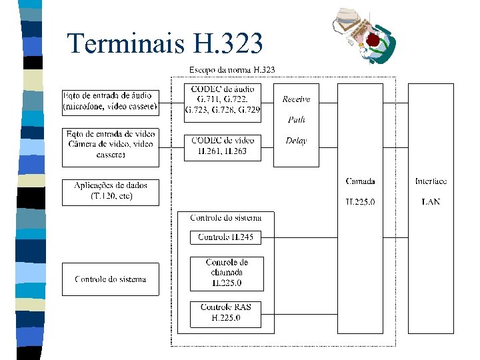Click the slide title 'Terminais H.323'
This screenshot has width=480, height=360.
165,44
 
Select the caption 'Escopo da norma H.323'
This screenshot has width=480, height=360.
232,69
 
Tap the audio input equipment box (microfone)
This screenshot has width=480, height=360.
111,101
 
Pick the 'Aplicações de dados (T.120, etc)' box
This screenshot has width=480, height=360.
111,191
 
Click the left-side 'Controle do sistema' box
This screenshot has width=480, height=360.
111,279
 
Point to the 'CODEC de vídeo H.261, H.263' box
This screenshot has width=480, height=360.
223,146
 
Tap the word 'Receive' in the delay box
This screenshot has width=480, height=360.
296,99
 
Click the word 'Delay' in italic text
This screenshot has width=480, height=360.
296,141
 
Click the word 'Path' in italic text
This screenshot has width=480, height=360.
296,120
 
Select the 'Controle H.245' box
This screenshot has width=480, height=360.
226,237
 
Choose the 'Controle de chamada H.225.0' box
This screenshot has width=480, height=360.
227,273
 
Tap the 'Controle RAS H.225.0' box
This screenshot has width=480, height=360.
226,313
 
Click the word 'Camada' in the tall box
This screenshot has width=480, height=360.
360,181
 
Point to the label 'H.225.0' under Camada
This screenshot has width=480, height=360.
360,201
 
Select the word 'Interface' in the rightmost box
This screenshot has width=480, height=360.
431,181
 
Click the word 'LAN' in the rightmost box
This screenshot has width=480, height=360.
431,201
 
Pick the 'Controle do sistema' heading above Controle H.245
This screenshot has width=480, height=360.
226,218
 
